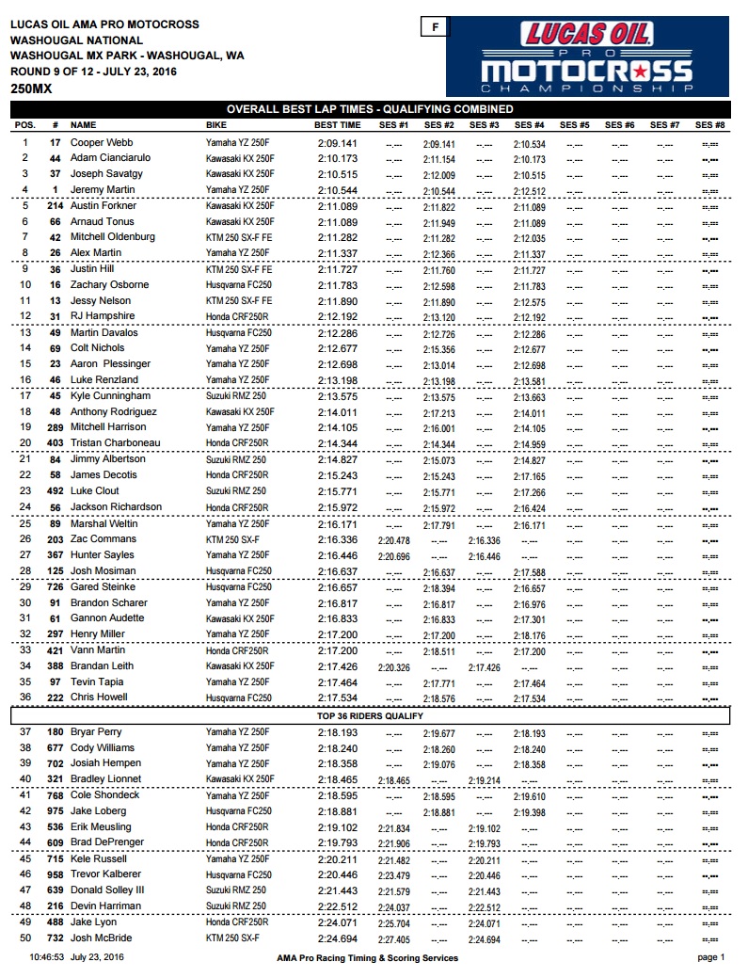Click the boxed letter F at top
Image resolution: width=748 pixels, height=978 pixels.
tap(434, 27)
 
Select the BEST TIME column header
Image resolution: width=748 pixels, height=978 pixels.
tap(337, 125)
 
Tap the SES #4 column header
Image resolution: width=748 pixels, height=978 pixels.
tap(530, 125)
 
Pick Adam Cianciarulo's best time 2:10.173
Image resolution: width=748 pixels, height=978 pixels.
tap(338, 158)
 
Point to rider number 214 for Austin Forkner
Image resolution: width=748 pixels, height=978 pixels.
tap(56, 206)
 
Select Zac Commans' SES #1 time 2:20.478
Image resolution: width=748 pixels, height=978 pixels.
tap(393, 540)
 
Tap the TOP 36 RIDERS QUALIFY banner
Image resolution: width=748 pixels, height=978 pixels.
tap(370, 716)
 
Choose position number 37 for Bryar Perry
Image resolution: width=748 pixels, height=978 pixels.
tap(25, 732)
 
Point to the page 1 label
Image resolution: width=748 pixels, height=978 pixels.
tap(710, 958)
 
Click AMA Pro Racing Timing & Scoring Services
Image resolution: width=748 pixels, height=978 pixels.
tap(368, 958)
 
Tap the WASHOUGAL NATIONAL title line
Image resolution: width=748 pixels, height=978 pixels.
tap(77, 40)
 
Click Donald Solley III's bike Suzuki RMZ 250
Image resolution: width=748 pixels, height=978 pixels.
tap(236, 890)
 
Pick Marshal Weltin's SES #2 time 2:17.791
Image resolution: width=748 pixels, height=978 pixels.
tap(438, 524)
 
